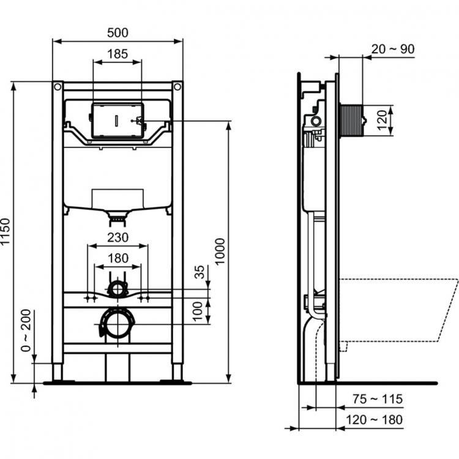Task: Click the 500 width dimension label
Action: (118, 31)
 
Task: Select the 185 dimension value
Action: (118, 54)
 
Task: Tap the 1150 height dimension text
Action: (7, 232)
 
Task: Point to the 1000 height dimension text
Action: (221, 250)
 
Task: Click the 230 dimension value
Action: (118, 237)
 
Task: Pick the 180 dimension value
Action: (118, 259)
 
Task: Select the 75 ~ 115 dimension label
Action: (378, 400)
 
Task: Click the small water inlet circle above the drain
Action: (117, 287)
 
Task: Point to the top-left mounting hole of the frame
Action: (58, 87)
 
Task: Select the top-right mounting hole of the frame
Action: (177, 87)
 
